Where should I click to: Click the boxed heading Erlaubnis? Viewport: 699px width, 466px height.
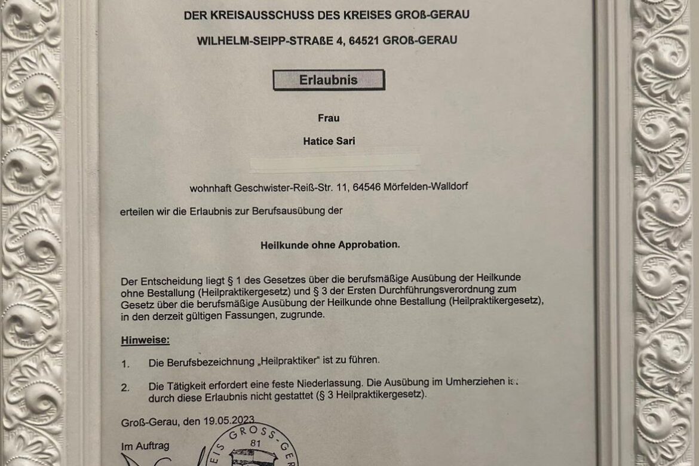click(x=329, y=80)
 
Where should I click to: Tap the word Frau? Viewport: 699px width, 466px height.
click(x=329, y=118)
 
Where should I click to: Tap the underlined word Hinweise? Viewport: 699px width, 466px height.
click(x=145, y=340)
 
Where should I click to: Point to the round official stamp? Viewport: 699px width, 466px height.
click(x=254, y=445)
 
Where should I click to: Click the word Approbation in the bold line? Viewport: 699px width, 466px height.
click(x=369, y=245)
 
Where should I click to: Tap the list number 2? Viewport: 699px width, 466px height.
click(x=124, y=388)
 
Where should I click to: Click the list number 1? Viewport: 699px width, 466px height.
click(x=124, y=363)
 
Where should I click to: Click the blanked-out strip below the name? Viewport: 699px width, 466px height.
click(x=335, y=163)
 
